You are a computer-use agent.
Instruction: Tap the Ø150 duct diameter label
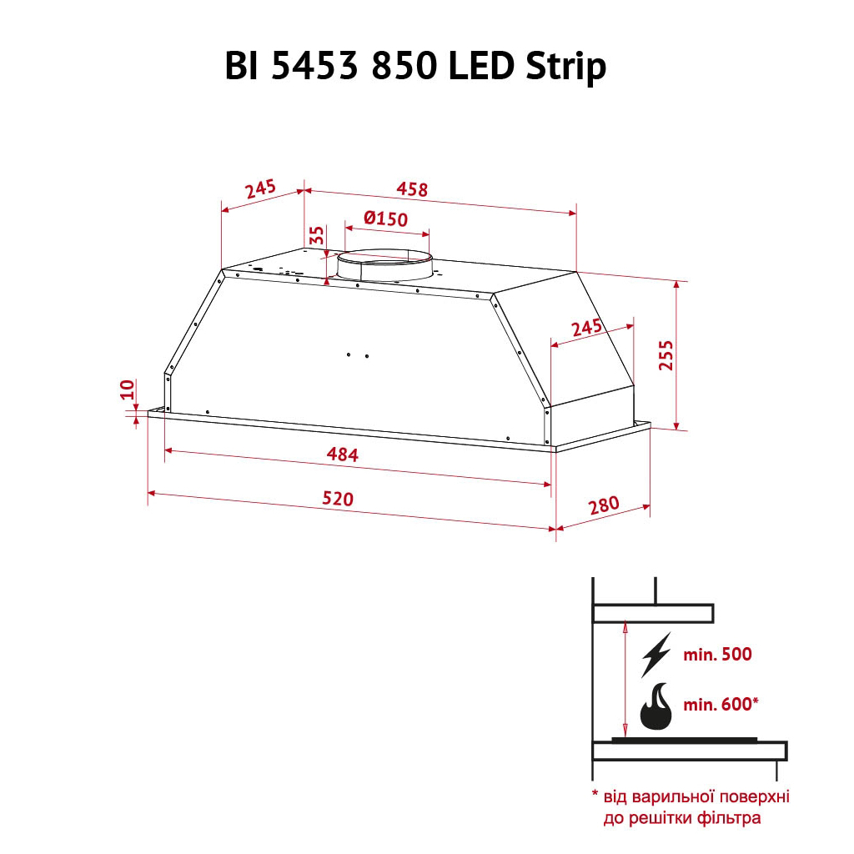click(385, 219)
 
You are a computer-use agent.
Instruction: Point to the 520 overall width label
click(338, 499)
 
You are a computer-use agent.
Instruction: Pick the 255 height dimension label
click(665, 355)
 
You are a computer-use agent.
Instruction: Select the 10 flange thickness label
click(127, 389)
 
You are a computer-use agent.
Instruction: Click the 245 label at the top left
click(260, 189)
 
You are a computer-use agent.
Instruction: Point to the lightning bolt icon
click(656, 655)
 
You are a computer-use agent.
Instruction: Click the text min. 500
click(717, 655)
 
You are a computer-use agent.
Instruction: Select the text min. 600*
click(721, 705)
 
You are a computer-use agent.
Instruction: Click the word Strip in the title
click(565, 67)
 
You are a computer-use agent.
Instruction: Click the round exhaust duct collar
click(384, 264)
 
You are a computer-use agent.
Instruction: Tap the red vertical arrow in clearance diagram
click(625, 679)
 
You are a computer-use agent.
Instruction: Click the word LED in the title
click(483, 67)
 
